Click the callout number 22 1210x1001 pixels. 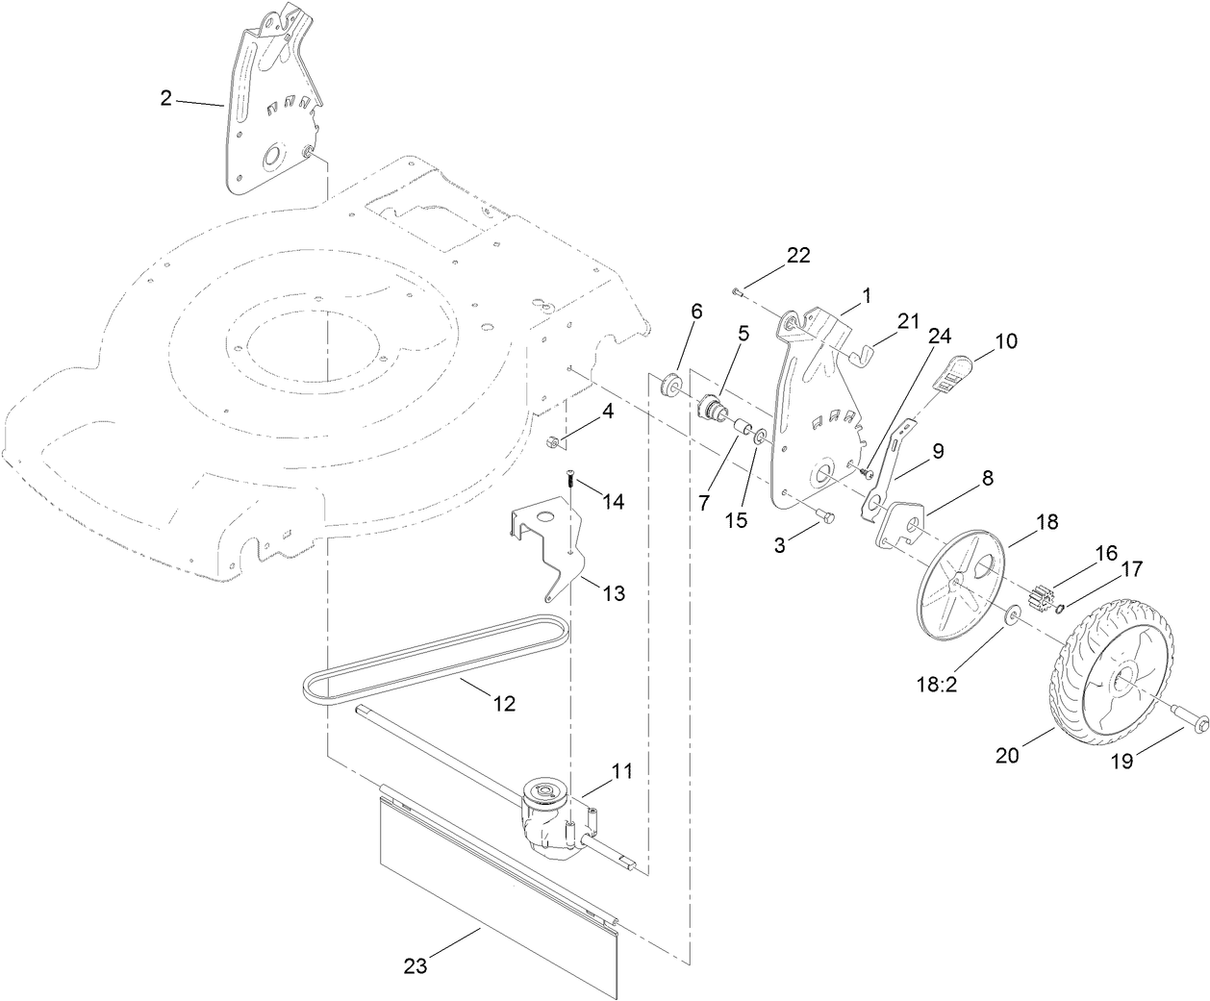[x=798, y=256]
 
